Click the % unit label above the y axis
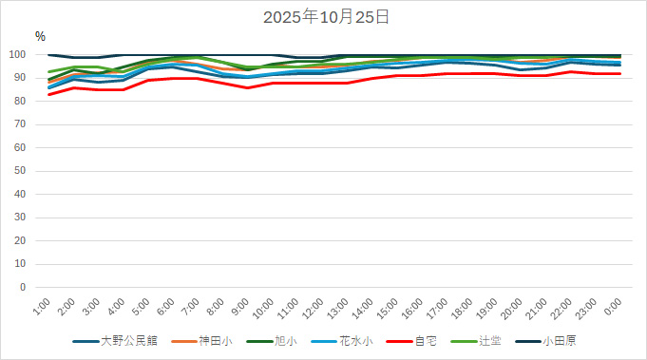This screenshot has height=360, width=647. coord(40,36)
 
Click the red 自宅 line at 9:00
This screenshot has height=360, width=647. coord(247,87)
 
